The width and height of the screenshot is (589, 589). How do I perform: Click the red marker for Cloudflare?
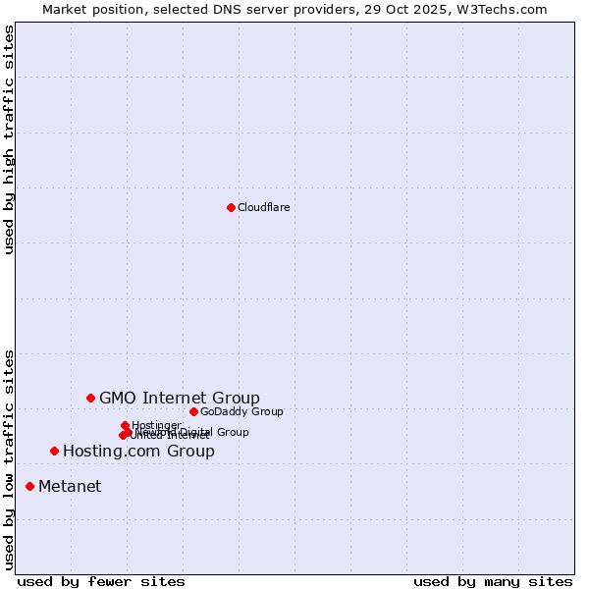tap(231, 207)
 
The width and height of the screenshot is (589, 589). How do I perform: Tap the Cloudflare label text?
tap(264, 207)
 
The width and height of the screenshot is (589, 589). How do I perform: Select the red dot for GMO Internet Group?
tap(90, 398)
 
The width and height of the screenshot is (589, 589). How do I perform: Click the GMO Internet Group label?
tap(180, 398)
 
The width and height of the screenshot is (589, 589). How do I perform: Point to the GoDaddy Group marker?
tap(193, 411)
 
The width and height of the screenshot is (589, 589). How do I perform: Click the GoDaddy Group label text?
tap(241, 411)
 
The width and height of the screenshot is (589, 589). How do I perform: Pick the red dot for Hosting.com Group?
tap(54, 451)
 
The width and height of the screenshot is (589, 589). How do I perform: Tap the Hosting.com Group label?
tap(138, 452)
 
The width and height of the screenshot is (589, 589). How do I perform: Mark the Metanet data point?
tap(29, 486)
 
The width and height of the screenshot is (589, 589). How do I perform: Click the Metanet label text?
tap(70, 487)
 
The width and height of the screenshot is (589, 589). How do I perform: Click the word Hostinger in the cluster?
tap(156, 425)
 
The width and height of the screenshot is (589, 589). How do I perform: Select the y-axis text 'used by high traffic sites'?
tap(9, 139)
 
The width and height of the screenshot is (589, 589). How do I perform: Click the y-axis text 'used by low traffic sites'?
tap(9, 458)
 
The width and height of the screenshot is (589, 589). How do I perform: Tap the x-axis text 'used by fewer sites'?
tap(101, 581)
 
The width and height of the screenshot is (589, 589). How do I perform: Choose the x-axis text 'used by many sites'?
tap(493, 581)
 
